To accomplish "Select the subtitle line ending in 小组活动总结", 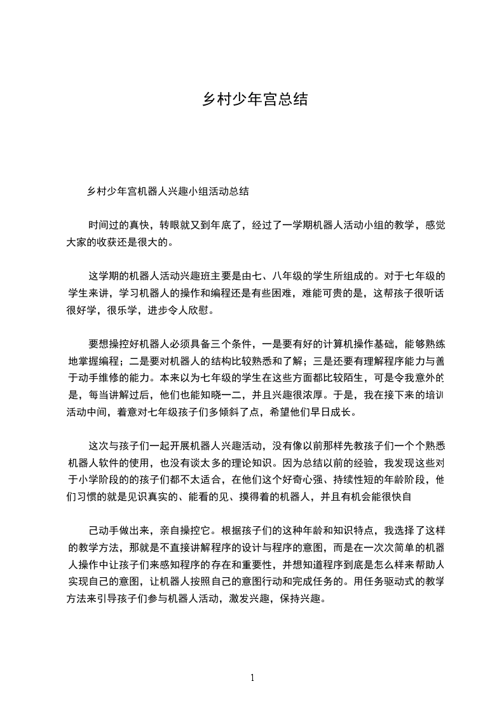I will coord(168,191).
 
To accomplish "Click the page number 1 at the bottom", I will coord(252,677).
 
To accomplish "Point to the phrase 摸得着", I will coord(243,496).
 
